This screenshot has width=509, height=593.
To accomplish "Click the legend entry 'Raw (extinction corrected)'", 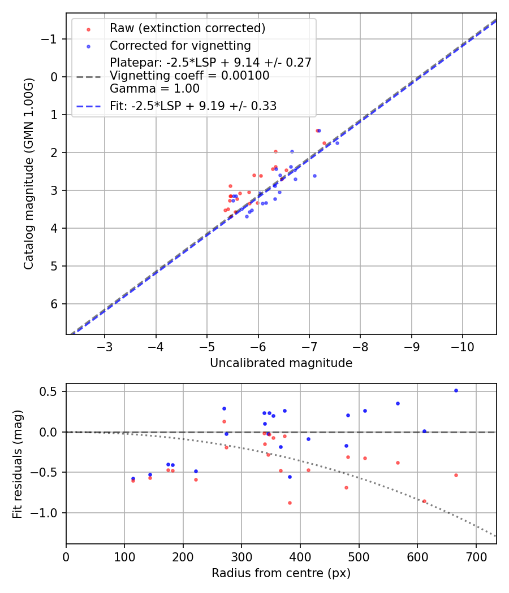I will pyautogui.click(x=187, y=28).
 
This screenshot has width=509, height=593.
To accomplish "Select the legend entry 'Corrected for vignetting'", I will pyautogui.click(x=180, y=45).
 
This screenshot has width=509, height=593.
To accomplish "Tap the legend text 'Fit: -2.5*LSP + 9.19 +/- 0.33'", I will pyautogui.click(x=193, y=106).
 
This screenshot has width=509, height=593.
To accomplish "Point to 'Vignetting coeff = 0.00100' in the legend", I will pyautogui.click(x=189, y=76).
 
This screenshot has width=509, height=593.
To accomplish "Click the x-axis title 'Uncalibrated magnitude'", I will pyautogui.click(x=281, y=363).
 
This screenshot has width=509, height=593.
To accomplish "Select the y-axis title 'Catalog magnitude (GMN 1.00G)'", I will pyautogui.click(x=29, y=173).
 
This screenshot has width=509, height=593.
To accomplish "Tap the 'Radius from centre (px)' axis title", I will pyautogui.click(x=281, y=573).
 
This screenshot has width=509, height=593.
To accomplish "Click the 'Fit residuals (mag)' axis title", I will pyautogui.click(x=18, y=464).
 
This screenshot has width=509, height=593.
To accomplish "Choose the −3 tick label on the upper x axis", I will pyautogui.click(x=105, y=346).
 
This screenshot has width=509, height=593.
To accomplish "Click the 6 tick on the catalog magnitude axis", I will pyautogui.click(x=54, y=304).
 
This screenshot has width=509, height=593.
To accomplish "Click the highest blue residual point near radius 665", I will pyautogui.click(x=456, y=390).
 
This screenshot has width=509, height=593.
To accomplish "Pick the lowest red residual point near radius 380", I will pyautogui.click(x=290, y=503).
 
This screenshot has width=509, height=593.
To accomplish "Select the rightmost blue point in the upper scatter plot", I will pyautogui.click(x=337, y=143).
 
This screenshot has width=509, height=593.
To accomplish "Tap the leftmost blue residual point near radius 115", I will pyautogui.click(x=133, y=478).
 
